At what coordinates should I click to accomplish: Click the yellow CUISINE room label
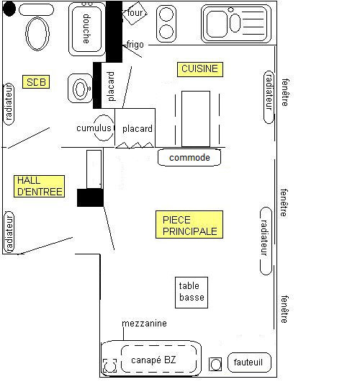point(200,69)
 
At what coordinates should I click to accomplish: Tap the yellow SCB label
point(36,81)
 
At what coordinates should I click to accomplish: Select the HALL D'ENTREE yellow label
point(39,186)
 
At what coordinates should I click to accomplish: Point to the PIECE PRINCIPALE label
point(189,224)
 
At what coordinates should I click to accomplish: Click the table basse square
point(192,293)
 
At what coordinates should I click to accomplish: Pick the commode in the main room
point(189,157)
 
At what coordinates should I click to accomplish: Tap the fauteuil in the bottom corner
point(249,362)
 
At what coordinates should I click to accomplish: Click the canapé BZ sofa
point(151,358)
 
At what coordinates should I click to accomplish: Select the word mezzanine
point(144,324)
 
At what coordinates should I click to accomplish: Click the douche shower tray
point(87,29)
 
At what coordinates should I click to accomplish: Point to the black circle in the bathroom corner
point(9,9)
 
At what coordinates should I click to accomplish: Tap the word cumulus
point(94,128)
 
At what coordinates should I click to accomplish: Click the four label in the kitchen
point(135,12)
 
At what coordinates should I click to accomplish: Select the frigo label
point(135,45)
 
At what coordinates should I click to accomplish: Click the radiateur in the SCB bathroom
point(9,104)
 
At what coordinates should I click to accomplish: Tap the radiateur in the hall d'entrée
point(9,232)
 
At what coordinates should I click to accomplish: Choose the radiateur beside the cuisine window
point(269,97)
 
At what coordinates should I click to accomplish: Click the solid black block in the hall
point(90,197)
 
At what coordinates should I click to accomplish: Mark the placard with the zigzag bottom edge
point(135,128)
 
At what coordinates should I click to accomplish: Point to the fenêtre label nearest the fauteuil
point(284,309)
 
